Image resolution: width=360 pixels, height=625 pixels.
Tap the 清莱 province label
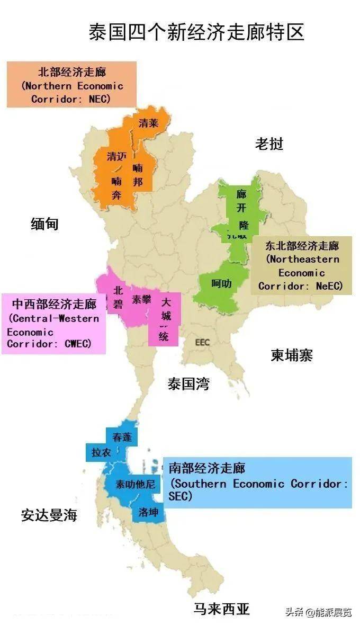[148, 123]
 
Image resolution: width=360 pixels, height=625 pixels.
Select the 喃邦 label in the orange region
[138, 175]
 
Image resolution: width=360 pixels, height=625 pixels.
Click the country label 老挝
[269, 144]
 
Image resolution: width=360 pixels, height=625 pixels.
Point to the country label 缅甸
[44, 224]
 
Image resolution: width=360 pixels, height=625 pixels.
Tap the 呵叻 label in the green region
[221, 283]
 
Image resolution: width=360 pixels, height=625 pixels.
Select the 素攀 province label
[142, 299]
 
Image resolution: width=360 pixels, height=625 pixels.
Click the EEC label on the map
[202, 342]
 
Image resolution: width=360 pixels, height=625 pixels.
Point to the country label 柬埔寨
[292, 355]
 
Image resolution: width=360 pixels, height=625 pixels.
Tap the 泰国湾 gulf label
[188, 384]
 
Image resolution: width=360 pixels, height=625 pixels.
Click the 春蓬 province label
[122, 437]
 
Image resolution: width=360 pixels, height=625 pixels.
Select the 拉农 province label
[101, 452]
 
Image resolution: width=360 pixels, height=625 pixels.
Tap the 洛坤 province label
[148, 512]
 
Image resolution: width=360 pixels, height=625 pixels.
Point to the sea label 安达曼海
[49, 515]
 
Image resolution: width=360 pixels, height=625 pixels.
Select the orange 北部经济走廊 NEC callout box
[71, 84]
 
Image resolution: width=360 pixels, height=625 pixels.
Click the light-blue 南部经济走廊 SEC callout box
[257, 483]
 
